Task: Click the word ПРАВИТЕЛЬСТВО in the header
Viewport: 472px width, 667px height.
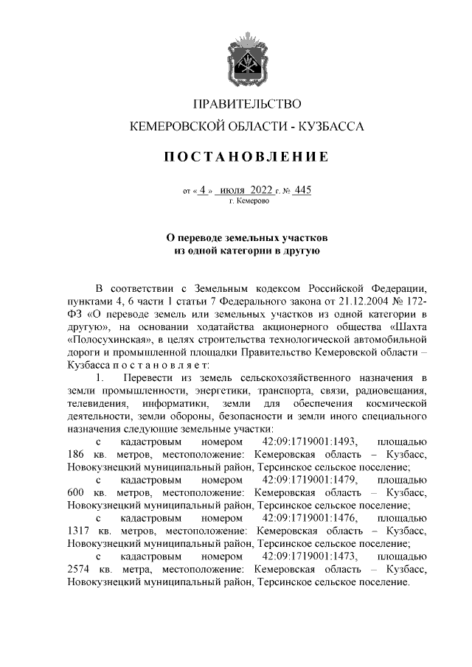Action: pyautogui.click(x=247, y=103)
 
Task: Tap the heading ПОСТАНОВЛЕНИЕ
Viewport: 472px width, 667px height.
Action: pyautogui.click(x=247, y=157)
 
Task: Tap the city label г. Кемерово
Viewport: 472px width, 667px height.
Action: pyautogui.click(x=247, y=200)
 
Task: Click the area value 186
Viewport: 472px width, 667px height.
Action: pyautogui.click(x=76, y=454)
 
